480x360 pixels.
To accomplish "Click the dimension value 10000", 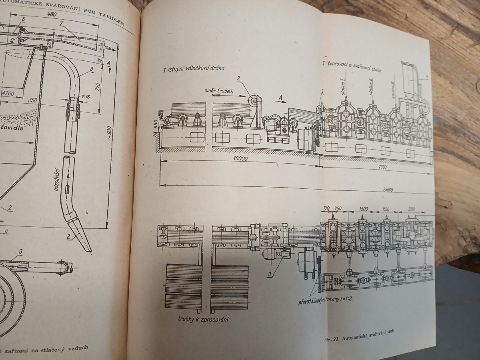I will tap(239, 158).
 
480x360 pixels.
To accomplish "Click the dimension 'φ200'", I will tap(8, 94).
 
